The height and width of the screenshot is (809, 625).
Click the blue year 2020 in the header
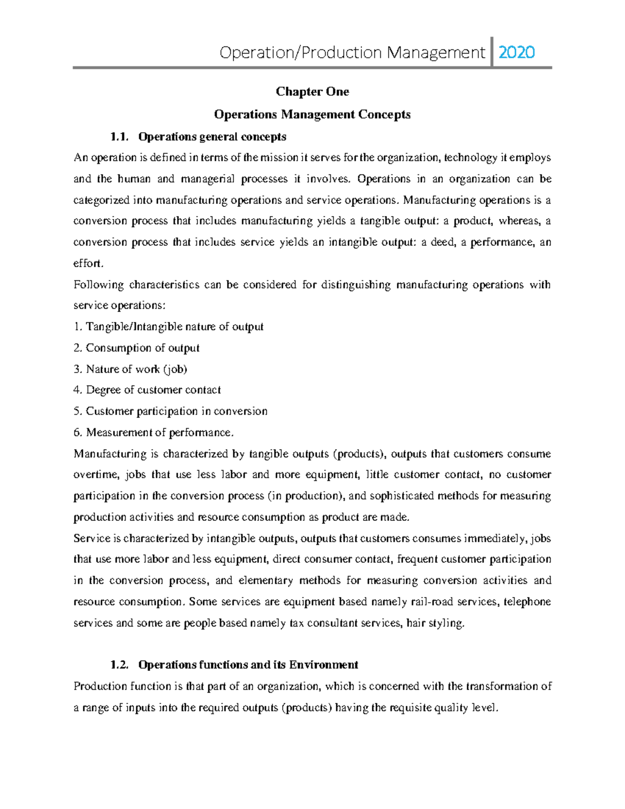516,53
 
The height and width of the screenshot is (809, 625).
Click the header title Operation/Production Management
352,53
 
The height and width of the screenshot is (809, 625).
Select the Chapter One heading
312,92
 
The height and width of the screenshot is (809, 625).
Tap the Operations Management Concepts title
312,115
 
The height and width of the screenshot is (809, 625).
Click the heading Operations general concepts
212,137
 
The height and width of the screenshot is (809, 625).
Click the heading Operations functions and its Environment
248,665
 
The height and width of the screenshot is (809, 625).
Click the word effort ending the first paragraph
87,264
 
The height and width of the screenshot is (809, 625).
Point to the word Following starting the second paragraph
99,285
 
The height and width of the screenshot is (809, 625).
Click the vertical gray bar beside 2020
492,52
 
